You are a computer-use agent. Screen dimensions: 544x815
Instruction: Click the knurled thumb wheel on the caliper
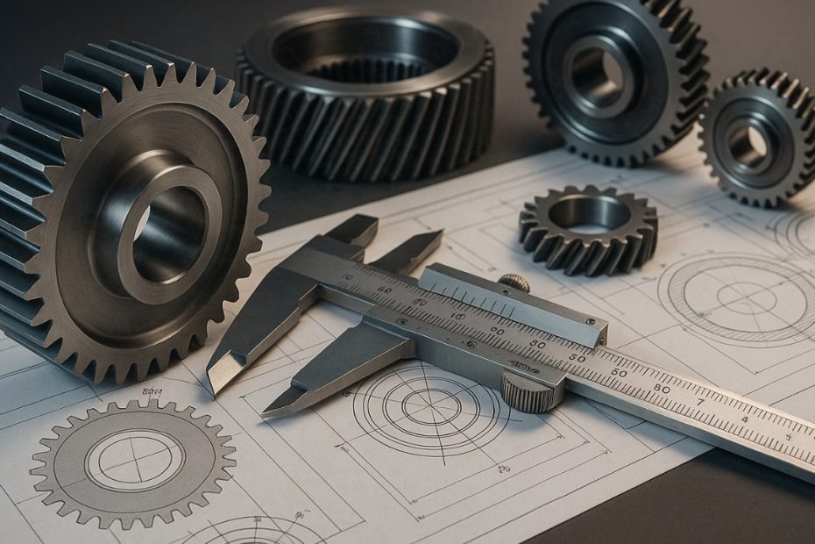[532, 392]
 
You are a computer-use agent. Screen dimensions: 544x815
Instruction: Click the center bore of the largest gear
[167, 235]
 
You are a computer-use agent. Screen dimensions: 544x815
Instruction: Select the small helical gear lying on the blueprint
[588, 227]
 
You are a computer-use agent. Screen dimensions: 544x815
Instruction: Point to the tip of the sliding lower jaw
[272, 407]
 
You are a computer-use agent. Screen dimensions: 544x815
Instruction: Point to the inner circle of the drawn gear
[134, 460]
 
